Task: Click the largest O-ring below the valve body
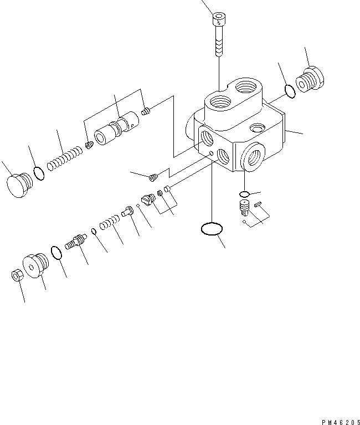[x=210, y=228]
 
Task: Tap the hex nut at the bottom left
[x=17, y=275]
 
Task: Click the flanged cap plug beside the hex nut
[x=35, y=265]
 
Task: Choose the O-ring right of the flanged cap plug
[x=56, y=253]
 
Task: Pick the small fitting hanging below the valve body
[x=244, y=209]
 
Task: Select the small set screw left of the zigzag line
[x=155, y=177]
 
